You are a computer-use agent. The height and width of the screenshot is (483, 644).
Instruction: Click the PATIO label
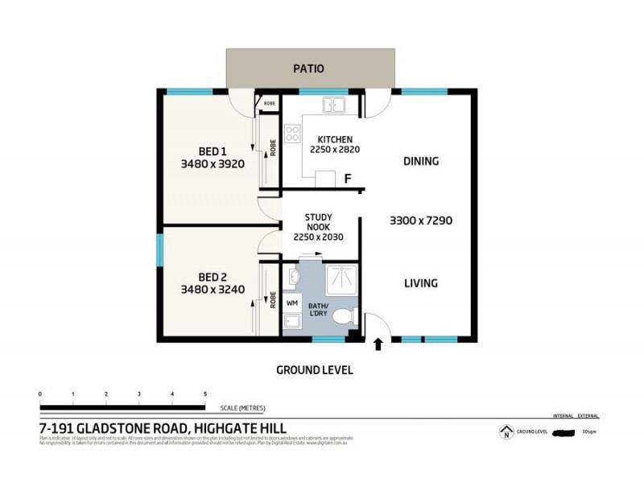tap(308, 68)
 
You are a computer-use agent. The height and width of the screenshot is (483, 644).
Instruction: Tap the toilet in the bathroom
tap(344, 316)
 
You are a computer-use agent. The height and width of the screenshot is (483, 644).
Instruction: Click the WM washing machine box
tap(292, 303)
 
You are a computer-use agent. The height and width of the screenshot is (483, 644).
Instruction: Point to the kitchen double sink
tap(335, 105)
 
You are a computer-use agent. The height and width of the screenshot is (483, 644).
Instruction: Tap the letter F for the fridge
tap(347, 179)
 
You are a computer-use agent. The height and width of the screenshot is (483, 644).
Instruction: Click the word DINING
tap(420, 161)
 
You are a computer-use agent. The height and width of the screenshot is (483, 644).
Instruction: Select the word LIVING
tap(420, 283)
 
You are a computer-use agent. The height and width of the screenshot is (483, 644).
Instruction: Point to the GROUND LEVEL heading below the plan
tap(315, 370)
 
